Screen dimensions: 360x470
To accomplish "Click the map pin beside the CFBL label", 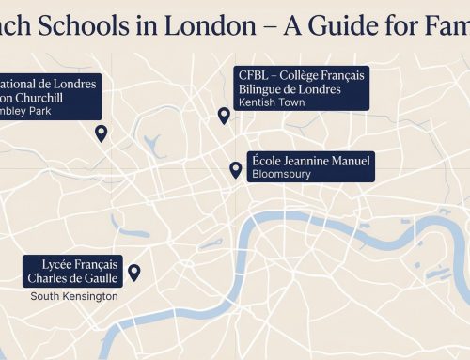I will click(224, 116).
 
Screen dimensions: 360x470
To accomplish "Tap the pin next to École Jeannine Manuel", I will click(235, 169).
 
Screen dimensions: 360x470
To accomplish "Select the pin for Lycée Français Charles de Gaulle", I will click(133, 273).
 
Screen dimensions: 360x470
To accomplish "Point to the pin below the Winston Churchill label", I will click(102, 133).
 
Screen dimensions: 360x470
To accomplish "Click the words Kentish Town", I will click(273, 102).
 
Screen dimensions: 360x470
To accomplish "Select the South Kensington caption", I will click(74, 296).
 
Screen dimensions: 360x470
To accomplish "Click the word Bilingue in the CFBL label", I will click(267, 88).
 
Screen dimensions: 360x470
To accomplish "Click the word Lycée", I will click(48, 264).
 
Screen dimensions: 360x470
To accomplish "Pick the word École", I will click(267, 160).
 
